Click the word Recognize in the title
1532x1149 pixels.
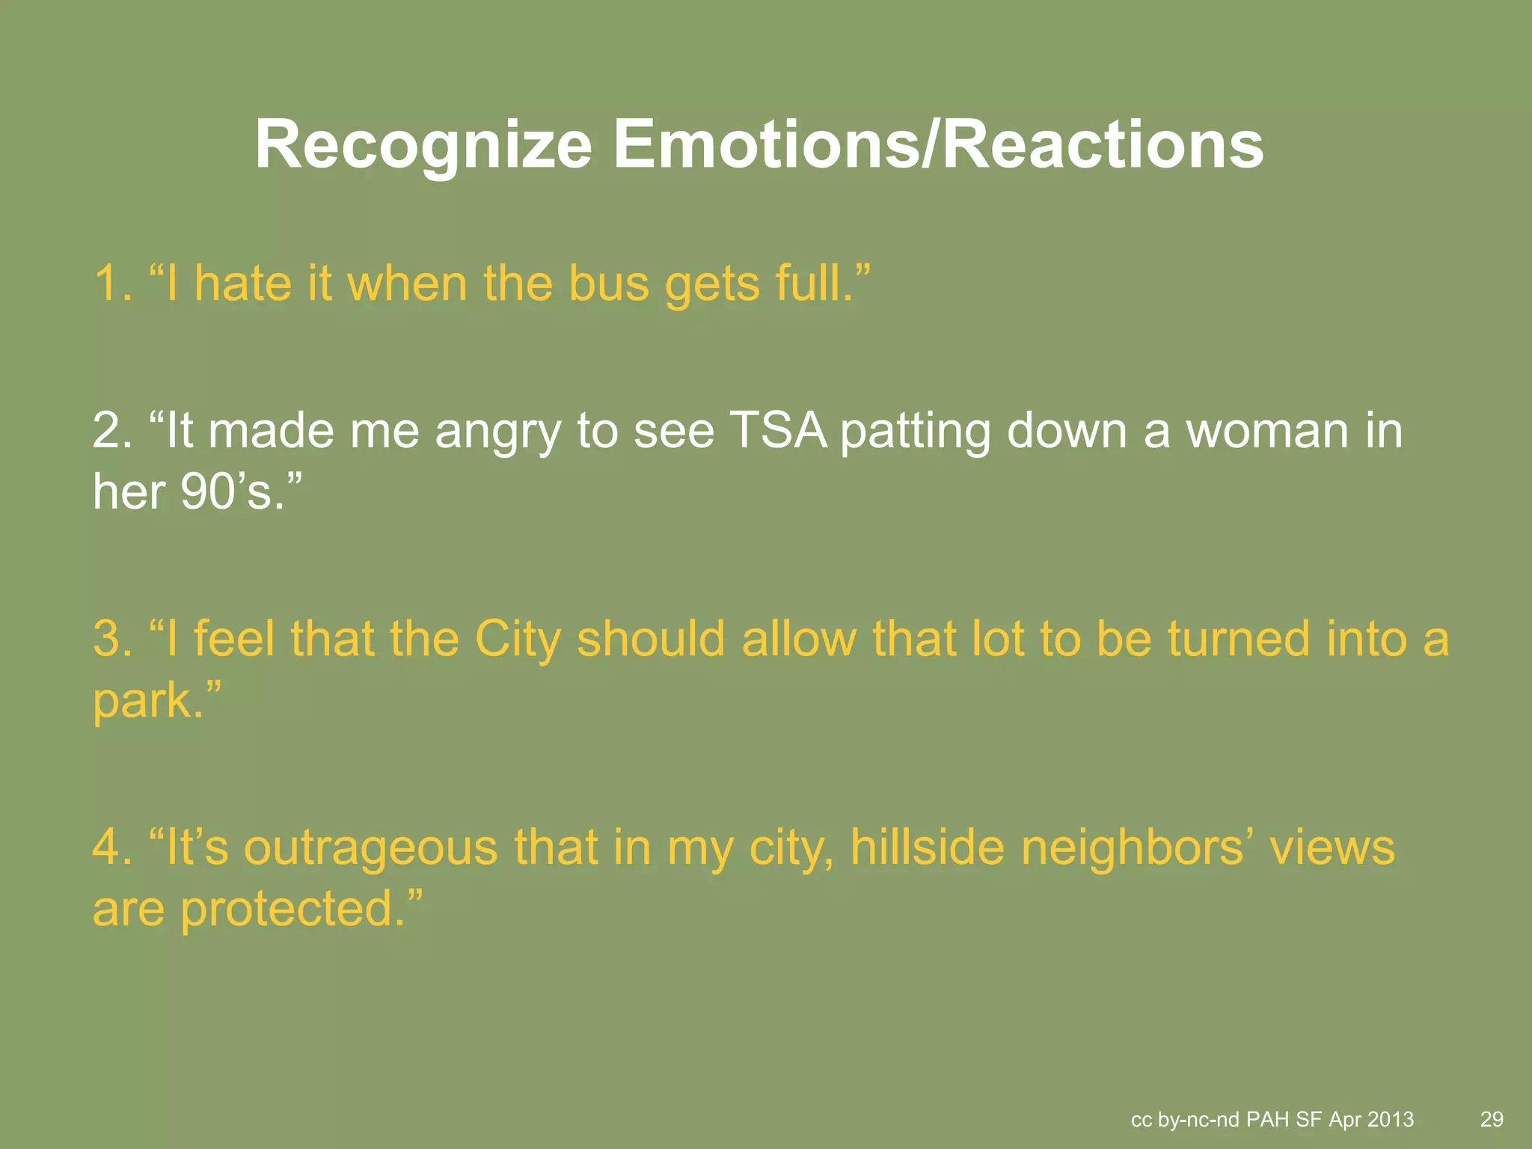[423, 146]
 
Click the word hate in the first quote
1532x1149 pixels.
[242, 284]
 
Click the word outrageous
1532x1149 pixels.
[371, 848]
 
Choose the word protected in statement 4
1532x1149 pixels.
[287, 910]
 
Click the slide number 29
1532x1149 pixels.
[1492, 1119]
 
